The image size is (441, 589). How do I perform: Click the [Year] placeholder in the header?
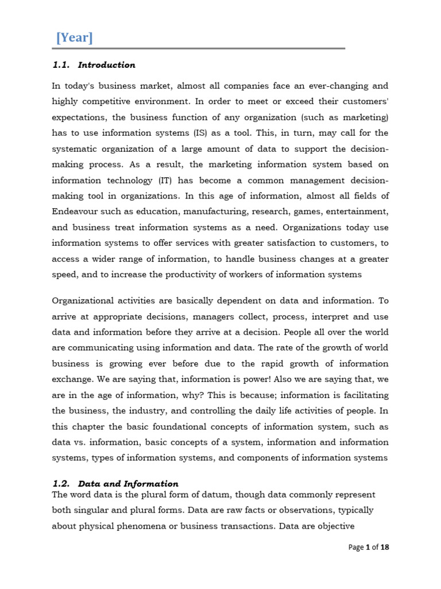click(74, 38)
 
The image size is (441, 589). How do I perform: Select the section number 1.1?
click(60, 65)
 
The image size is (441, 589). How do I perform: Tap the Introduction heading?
click(107, 65)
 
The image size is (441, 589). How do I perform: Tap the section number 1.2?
click(61, 484)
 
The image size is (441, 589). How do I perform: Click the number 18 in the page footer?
click(384, 548)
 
